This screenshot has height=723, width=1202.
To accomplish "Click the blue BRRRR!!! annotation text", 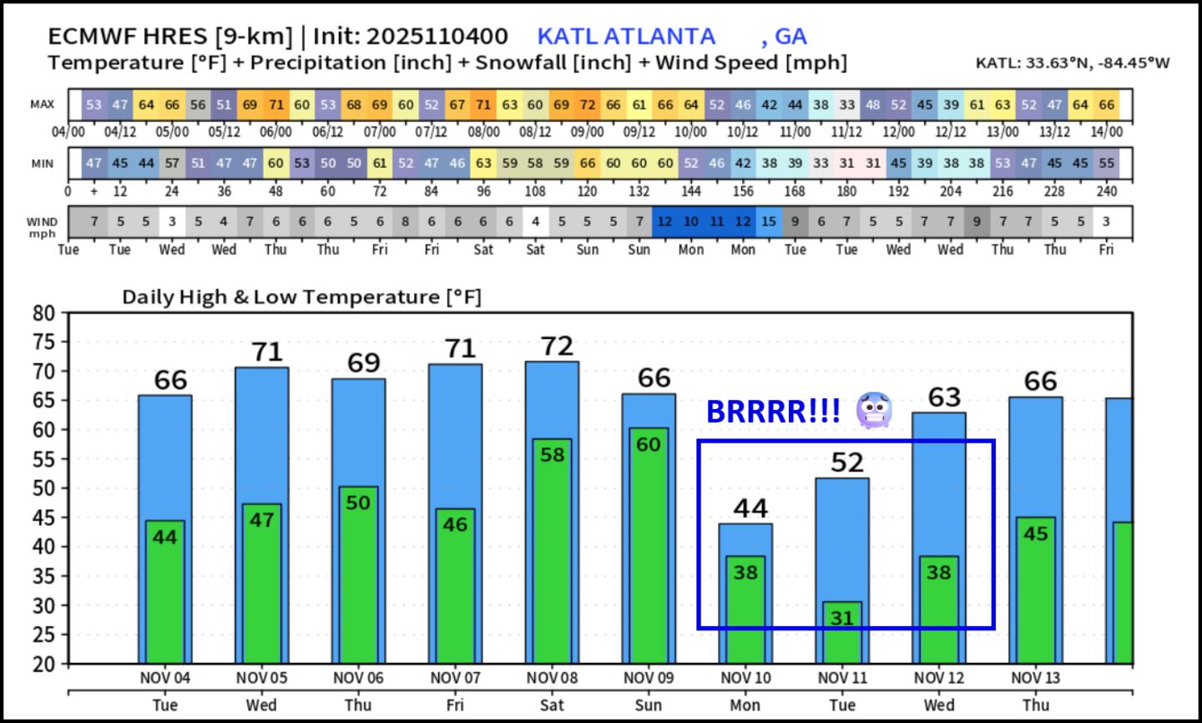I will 773,412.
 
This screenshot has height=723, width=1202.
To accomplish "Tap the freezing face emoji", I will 875,411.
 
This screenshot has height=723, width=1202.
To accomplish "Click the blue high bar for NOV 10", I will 745,539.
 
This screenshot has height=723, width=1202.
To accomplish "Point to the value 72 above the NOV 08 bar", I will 557,346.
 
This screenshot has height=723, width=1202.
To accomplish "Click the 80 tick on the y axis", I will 43,313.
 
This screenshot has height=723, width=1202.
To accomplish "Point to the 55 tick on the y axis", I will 43,459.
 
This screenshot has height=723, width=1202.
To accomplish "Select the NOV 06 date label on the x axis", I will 358,678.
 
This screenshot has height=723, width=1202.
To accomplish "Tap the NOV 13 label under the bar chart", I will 1036,678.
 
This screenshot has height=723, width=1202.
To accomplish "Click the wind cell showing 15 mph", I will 769,222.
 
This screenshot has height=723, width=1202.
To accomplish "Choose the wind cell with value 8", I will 406,222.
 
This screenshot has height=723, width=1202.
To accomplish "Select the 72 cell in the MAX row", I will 588,105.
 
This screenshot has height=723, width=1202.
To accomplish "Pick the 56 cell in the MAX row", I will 198,105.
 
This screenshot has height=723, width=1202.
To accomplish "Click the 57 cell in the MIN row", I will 172,164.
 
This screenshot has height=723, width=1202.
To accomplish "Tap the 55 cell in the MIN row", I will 1106,164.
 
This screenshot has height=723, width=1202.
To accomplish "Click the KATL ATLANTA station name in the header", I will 626,37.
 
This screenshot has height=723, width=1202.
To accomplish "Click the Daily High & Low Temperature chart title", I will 301,297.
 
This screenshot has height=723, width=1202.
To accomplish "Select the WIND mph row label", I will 43,227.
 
